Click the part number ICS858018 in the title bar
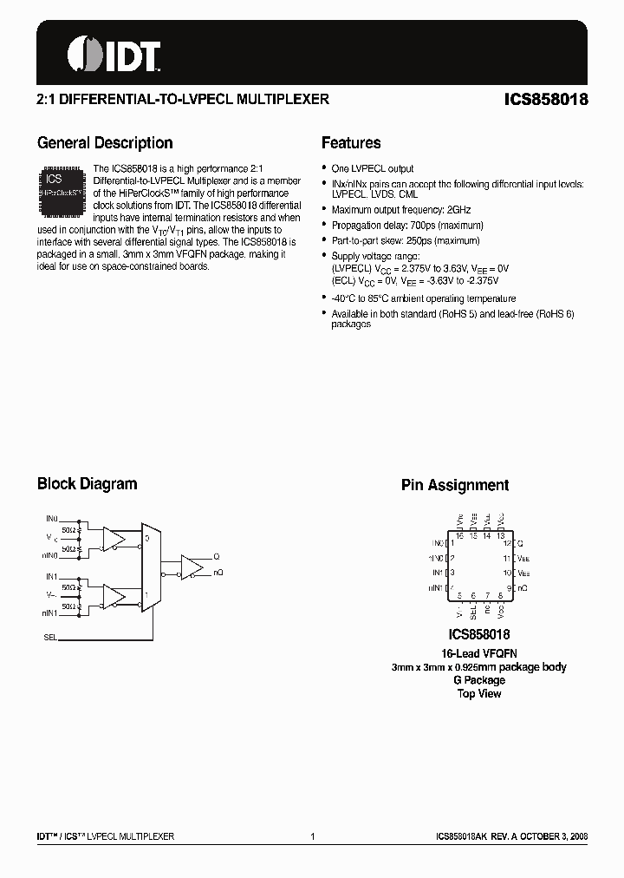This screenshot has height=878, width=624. (x=546, y=100)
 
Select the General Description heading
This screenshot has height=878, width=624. (x=105, y=143)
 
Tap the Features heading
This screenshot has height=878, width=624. (x=351, y=143)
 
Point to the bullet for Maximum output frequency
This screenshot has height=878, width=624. (x=324, y=211)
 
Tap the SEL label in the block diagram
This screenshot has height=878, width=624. (x=49, y=636)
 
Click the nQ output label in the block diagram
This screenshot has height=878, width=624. (x=218, y=573)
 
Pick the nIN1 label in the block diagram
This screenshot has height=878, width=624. (x=49, y=613)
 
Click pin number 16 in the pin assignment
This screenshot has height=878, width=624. (x=459, y=536)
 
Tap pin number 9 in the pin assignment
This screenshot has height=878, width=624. (x=507, y=587)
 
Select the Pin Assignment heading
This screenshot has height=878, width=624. (x=454, y=486)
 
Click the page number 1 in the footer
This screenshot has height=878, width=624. (x=312, y=836)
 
